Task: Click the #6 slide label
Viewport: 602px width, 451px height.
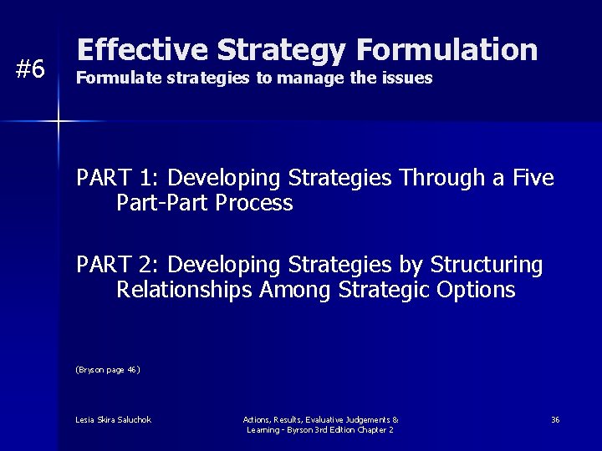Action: [31, 69]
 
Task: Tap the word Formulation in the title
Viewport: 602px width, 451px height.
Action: [446, 50]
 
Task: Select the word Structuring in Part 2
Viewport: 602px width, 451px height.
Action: [486, 265]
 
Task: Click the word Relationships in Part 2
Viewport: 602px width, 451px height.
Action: [185, 290]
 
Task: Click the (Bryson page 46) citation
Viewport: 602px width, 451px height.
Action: [108, 369]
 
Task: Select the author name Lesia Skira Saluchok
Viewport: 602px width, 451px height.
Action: [113, 419]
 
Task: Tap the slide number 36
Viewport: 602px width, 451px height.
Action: [555, 419]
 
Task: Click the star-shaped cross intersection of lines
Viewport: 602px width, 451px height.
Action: [59, 122]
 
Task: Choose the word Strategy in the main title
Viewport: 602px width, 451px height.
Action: [280, 50]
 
